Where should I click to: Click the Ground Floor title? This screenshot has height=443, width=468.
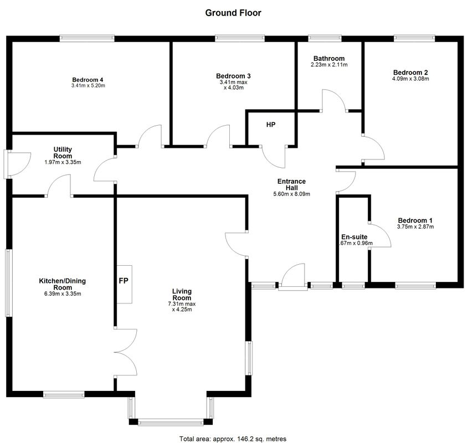click(x=233, y=13)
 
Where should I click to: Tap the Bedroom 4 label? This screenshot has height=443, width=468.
click(x=88, y=80)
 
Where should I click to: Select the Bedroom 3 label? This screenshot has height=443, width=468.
click(x=233, y=76)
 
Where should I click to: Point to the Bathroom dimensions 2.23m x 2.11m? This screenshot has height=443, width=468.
click(x=329, y=64)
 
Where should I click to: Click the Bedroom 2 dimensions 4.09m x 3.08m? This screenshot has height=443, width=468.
click(x=410, y=79)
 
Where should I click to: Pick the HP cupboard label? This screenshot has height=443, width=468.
click(x=271, y=125)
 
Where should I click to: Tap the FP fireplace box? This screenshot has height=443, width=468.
click(x=124, y=284)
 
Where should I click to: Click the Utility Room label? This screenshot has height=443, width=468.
click(x=63, y=152)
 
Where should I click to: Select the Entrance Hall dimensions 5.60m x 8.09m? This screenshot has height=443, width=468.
click(x=292, y=194)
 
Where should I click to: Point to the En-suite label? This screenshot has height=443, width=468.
click(x=354, y=236)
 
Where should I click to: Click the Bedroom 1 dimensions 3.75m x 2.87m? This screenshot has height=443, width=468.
click(x=415, y=226)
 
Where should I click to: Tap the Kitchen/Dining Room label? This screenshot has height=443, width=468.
click(x=63, y=284)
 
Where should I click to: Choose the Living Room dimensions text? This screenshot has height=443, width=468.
click(x=182, y=307)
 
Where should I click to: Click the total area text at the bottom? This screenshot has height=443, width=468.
click(x=233, y=439)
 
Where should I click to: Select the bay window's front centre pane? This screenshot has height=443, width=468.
click(x=171, y=423)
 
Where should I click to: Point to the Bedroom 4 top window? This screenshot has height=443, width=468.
click(x=87, y=38)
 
